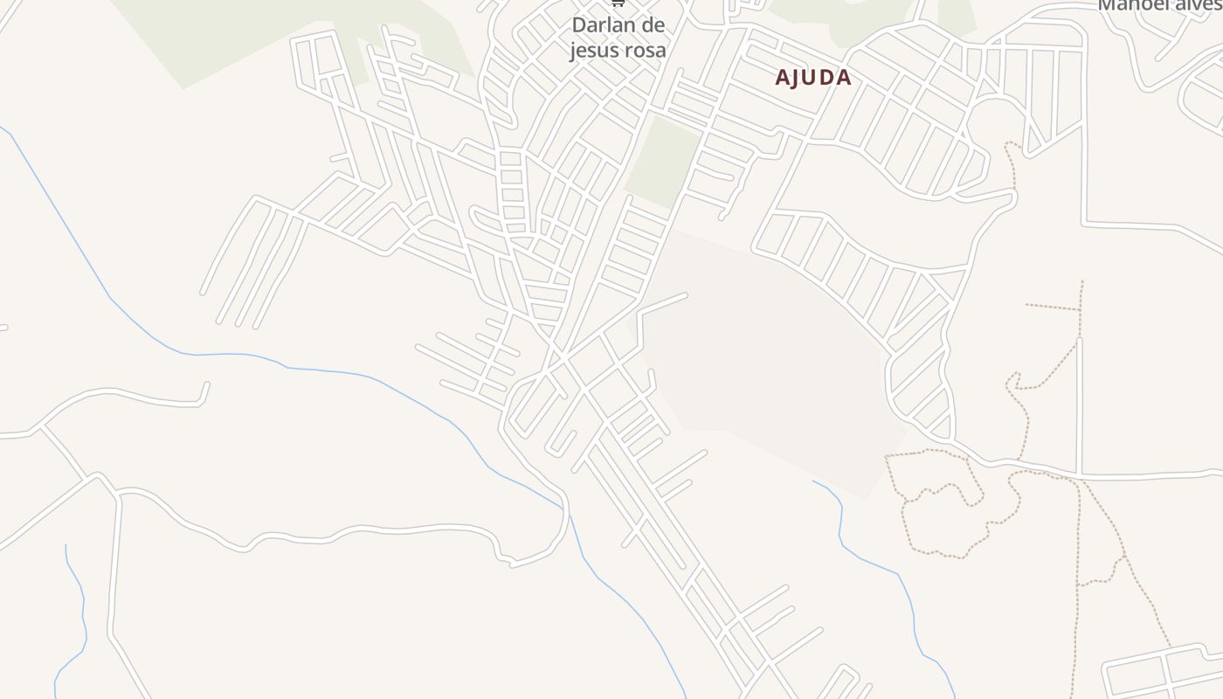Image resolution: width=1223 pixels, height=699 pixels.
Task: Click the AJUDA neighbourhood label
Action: [812, 78]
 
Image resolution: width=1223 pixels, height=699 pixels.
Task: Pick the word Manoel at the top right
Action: [1128, 5]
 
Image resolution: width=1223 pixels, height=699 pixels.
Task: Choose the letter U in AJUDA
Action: [811, 78]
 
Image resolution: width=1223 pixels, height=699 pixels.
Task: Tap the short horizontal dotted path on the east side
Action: [1053, 307]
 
